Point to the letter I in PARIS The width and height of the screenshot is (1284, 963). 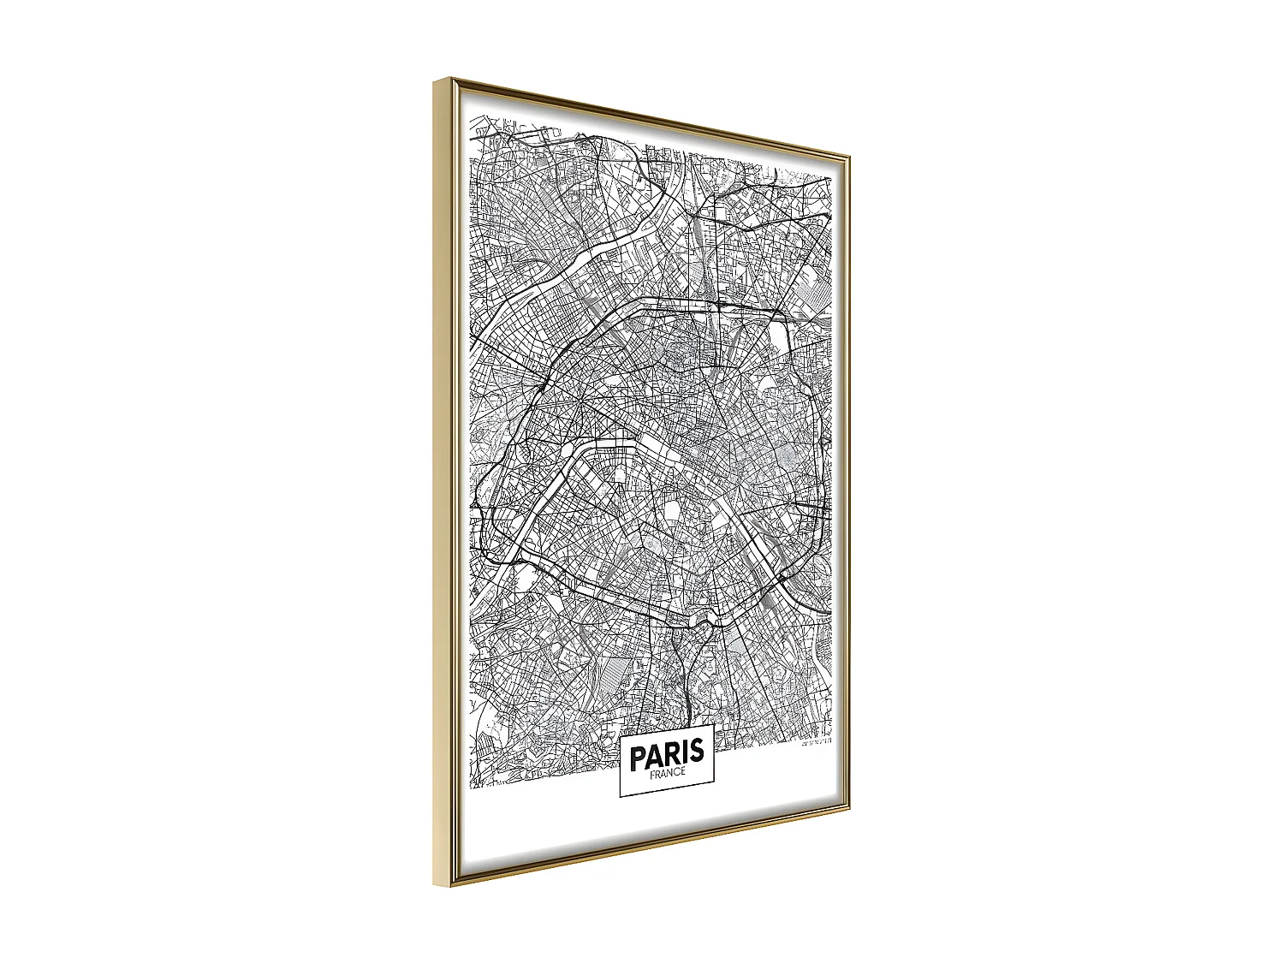(x=687, y=752)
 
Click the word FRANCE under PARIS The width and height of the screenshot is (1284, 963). (x=668, y=772)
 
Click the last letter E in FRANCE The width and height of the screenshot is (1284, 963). (x=683, y=771)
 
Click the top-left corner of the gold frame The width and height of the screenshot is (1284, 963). (x=435, y=79)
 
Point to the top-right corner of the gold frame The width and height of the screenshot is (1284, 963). (x=849, y=156)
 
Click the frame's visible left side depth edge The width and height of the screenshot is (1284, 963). (x=442, y=479)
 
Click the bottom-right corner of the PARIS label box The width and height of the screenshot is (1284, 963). (x=715, y=782)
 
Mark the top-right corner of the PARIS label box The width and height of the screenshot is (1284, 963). (x=714, y=724)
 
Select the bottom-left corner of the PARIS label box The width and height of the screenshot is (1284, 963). (x=620, y=798)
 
